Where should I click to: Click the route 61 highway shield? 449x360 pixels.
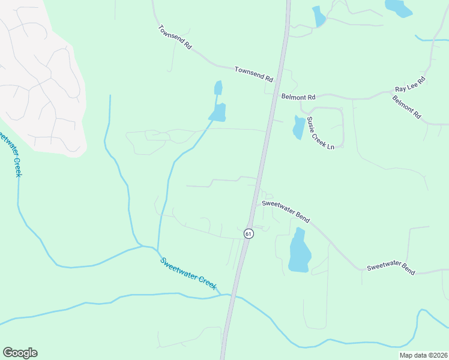click(x=249, y=233)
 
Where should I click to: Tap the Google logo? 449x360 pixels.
click(x=20, y=353)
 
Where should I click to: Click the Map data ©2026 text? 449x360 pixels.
click(x=423, y=355)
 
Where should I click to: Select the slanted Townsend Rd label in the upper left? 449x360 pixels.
click(x=175, y=37)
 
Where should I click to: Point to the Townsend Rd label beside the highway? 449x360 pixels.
click(x=253, y=74)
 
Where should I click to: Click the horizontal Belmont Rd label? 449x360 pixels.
click(x=298, y=97)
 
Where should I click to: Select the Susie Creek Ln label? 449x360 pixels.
click(x=320, y=133)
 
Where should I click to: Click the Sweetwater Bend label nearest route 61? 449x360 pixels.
click(x=285, y=212)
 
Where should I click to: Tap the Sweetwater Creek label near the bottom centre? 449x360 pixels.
click(x=189, y=274)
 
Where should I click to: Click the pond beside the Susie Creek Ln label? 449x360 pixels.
click(x=298, y=127)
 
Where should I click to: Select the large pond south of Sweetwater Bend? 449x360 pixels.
click(x=299, y=251)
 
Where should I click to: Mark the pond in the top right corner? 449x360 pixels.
click(x=398, y=7)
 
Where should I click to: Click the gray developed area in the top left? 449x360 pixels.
click(x=39, y=84)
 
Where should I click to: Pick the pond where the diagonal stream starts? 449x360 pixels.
click(x=218, y=112)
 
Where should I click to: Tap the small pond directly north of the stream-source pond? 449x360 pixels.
click(x=218, y=88)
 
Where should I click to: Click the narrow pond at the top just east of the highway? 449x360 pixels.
click(x=318, y=16)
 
